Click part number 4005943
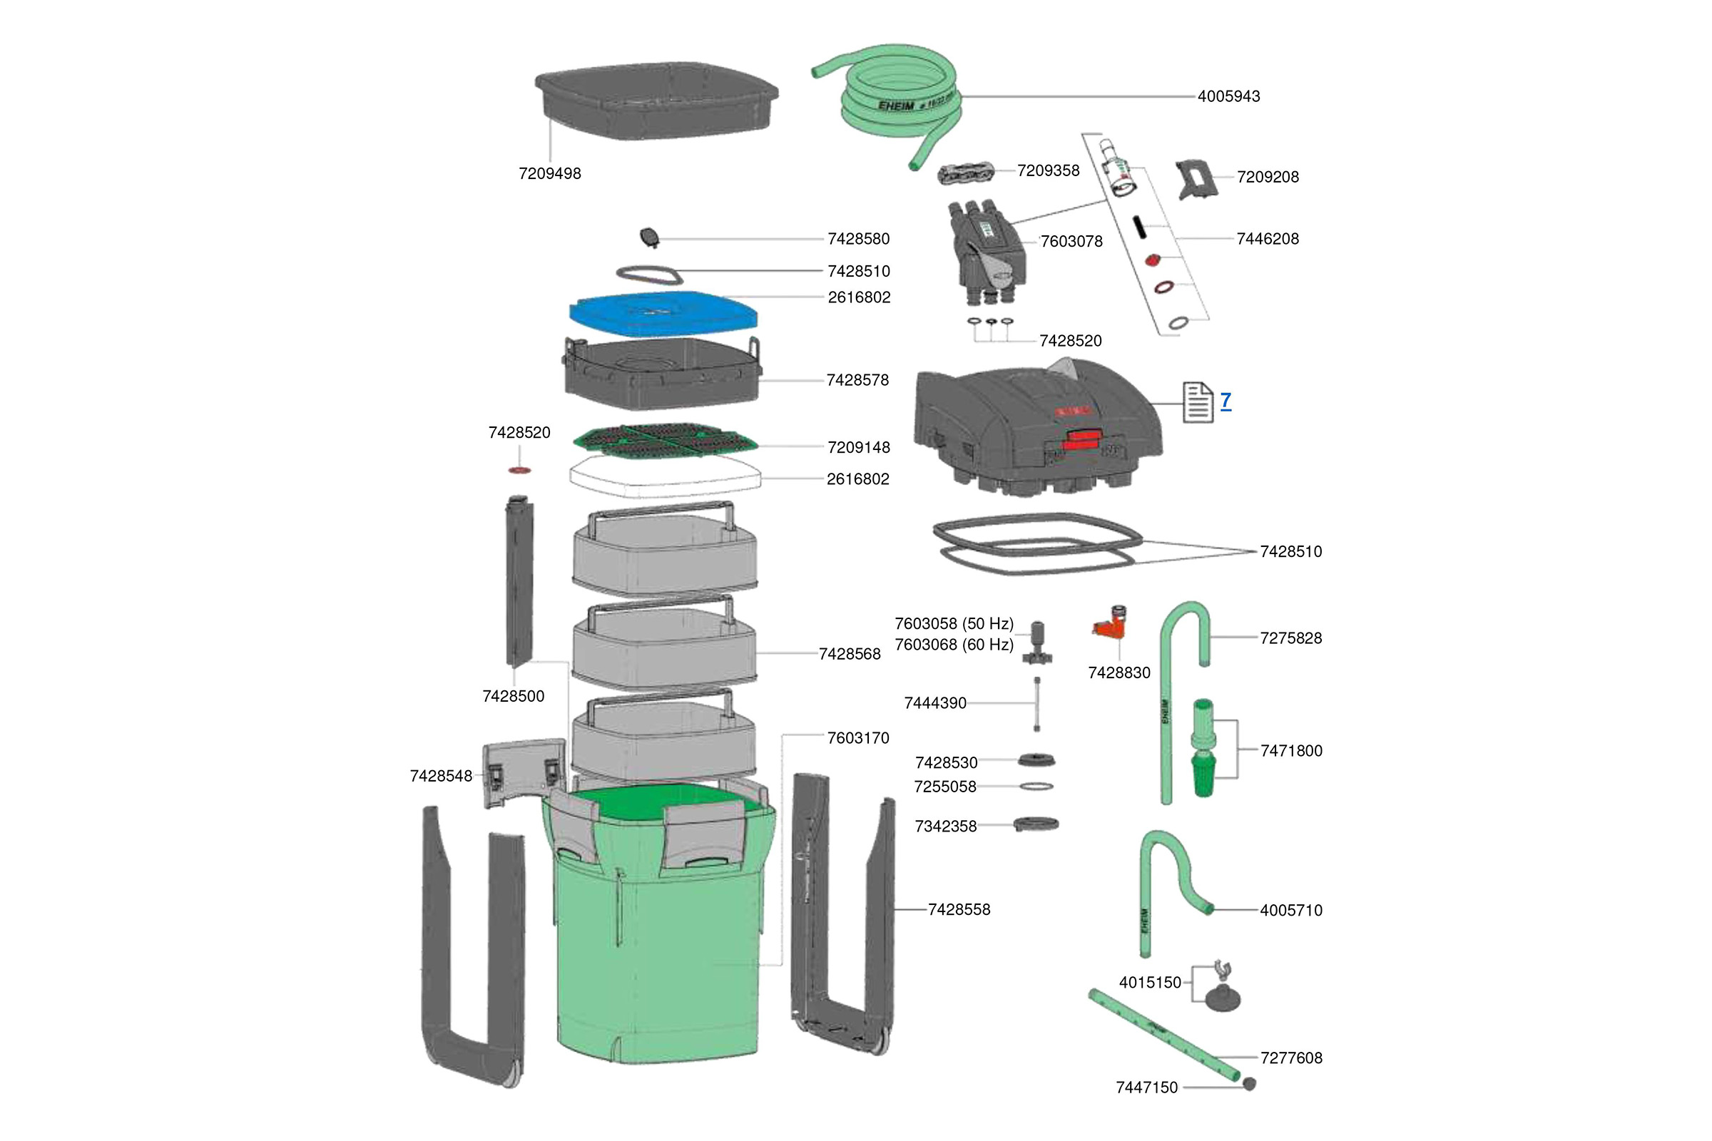(x=1228, y=96)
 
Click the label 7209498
(x=549, y=174)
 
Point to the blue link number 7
(x=1226, y=400)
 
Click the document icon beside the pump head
(x=1198, y=401)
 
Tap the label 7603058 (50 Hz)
(x=954, y=623)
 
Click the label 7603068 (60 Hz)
(x=954, y=645)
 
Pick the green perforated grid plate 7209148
(x=665, y=440)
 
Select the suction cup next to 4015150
(x=1222, y=998)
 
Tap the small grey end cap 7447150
(x=1250, y=1084)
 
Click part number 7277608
(x=1290, y=1058)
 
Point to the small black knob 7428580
(x=648, y=237)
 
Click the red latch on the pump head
(x=1082, y=439)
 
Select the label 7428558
(x=959, y=910)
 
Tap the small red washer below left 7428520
(x=519, y=471)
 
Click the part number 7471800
(x=1290, y=751)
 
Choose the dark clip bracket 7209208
(x=1196, y=180)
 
